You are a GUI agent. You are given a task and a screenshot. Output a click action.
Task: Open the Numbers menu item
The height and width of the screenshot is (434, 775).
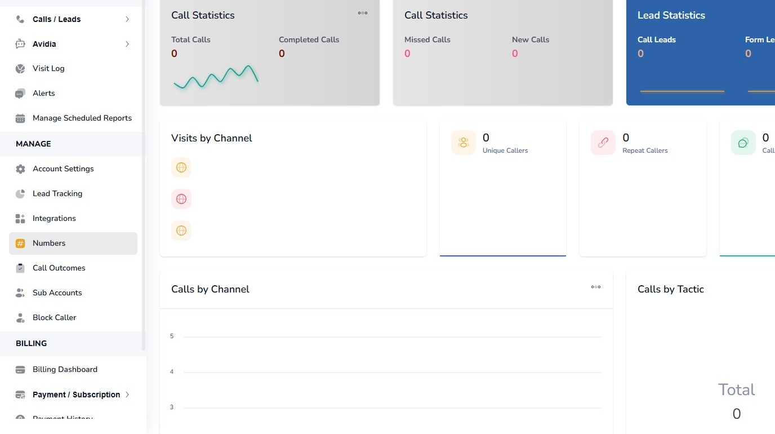[49, 243]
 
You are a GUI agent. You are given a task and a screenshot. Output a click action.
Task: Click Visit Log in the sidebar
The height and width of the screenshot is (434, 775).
[48, 68]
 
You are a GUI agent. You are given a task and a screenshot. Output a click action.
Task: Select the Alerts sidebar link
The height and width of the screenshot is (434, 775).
[43, 93]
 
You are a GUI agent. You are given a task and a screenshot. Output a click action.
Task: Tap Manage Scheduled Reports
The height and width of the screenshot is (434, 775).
[82, 118]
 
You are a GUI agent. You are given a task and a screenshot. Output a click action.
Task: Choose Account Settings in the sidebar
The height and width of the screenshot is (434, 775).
[63, 169]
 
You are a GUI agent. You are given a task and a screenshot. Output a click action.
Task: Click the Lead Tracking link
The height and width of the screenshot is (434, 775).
[57, 193]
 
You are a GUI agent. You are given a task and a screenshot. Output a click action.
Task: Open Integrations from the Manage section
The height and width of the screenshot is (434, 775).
[54, 218]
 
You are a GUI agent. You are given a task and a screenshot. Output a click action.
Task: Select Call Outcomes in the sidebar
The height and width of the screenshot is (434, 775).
[59, 268]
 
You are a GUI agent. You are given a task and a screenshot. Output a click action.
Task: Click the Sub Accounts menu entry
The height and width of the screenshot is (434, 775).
[57, 293]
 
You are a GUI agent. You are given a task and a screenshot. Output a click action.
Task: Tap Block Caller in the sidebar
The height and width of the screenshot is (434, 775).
[54, 317]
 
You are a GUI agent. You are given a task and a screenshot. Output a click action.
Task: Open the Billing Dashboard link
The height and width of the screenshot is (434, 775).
[65, 369]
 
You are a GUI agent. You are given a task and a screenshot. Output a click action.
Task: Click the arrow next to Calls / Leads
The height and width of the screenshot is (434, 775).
[127, 19]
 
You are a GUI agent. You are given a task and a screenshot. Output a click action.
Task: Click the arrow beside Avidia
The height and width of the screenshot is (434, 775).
[127, 44]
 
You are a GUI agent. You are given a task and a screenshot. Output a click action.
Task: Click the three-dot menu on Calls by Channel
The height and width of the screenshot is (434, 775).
[595, 287]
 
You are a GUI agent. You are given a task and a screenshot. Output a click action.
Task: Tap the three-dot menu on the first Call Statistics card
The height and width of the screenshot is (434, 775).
[363, 13]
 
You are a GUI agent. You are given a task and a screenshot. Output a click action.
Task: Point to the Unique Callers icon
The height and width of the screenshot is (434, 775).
[464, 143]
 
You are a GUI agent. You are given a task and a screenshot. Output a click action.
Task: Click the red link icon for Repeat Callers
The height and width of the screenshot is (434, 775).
[603, 143]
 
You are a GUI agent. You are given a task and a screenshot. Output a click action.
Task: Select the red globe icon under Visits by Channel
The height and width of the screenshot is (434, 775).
[181, 199]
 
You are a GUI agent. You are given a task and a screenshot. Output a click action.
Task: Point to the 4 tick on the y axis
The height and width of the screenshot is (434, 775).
[172, 372]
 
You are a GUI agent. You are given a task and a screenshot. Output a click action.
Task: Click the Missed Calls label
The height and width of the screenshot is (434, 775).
[427, 39]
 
